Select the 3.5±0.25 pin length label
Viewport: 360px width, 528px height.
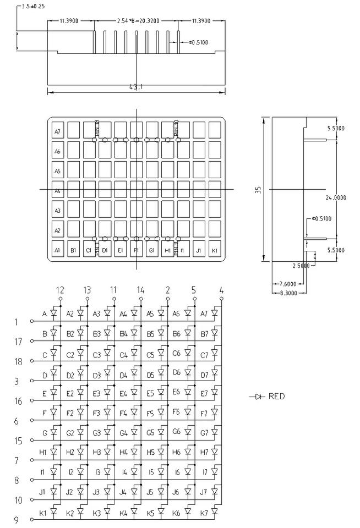[x=33, y=6]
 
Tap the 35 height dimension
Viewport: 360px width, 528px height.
[x=258, y=189]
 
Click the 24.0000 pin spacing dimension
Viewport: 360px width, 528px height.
[x=335, y=197]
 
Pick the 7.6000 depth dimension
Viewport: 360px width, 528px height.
[x=286, y=284]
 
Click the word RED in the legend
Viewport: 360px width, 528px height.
[x=277, y=396]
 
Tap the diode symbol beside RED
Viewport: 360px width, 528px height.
[x=258, y=396]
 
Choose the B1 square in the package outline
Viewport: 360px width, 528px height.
[x=73, y=250]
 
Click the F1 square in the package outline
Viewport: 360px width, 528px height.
[x=137, y=250]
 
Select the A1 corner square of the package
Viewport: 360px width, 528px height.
[x=57, y=250]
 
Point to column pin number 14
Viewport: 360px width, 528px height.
[x=140, y=290]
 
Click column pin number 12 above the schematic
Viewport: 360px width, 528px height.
[x=60, y=290]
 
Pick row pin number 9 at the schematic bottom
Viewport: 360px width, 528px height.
[x=16, y=520]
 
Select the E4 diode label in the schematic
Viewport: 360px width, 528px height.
[x=123, y=393]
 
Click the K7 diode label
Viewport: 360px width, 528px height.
[x=204, y=513]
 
